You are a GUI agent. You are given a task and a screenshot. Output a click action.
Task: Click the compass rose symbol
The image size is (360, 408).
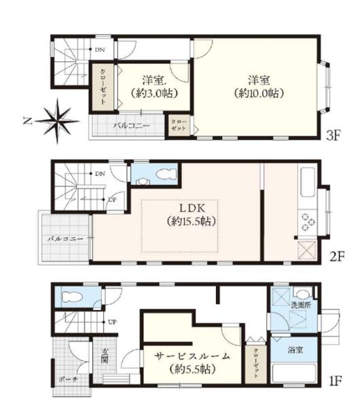[58, 121]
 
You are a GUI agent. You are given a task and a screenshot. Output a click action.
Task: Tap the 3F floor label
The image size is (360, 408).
[334, 135]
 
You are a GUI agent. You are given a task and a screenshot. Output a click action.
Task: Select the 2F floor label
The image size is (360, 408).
[337, 257]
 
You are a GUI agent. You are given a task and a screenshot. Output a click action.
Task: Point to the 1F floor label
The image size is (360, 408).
[336, 381]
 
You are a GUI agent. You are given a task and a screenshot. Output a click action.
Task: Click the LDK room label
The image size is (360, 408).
[193, 208]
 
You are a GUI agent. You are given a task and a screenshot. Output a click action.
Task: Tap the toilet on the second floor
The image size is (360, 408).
[167, 173]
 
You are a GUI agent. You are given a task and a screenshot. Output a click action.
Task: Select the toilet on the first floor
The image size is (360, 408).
[72, 296]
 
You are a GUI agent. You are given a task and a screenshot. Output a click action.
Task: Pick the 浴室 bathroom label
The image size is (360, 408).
[295, 350]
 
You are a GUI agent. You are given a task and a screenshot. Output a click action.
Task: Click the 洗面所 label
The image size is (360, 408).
[301, 305]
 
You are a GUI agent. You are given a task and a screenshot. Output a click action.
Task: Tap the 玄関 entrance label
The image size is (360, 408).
[105, 356]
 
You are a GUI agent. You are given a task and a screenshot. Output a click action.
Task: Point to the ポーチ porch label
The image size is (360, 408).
[68, 379]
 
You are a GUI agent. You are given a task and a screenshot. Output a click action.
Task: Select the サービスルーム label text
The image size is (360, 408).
[192, 356]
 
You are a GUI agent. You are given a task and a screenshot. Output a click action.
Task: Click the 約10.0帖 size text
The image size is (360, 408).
[258, 93]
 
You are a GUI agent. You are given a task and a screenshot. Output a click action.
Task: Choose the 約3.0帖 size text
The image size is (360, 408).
[154, 93]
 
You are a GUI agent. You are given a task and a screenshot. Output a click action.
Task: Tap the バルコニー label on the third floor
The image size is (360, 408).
[132, 126]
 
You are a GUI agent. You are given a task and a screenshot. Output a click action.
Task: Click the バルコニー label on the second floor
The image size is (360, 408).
[65, 239]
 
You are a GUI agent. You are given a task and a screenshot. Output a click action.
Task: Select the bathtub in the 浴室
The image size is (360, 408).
[294, 373]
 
